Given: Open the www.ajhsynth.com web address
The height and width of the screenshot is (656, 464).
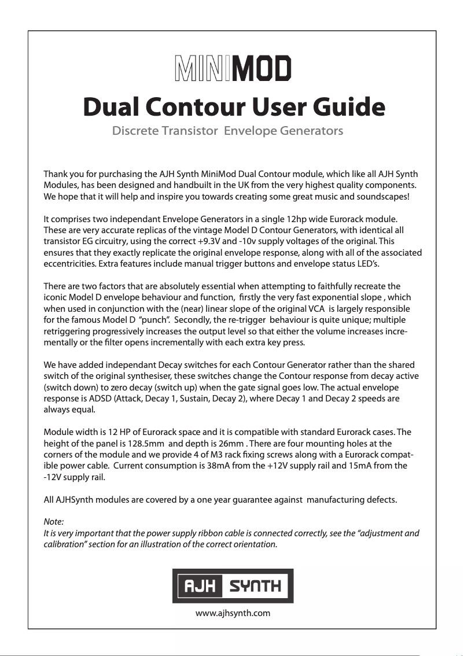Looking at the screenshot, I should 233,613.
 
